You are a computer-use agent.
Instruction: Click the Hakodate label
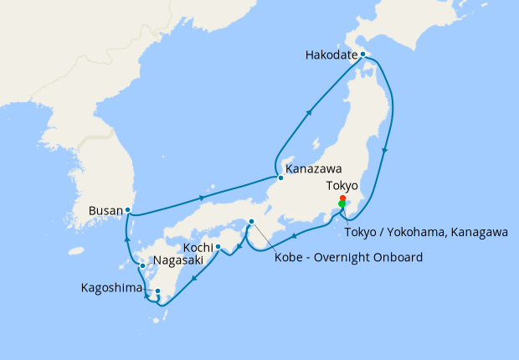333,57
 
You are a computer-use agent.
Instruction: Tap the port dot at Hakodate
362,54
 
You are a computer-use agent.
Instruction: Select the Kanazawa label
316,167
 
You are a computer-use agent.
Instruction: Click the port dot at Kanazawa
280,177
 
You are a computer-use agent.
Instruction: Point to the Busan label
105,212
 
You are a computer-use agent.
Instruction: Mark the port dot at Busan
127,209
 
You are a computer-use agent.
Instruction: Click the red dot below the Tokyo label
342,198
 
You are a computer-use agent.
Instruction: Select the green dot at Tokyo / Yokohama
342,204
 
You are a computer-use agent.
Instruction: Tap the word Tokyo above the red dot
342,185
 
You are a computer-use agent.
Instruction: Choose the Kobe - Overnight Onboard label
348,256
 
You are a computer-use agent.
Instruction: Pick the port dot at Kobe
251,221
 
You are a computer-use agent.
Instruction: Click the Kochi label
198,249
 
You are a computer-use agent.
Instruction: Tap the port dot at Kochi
218,246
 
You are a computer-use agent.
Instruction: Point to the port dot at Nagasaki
142,266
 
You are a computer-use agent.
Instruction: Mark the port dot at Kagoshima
157,291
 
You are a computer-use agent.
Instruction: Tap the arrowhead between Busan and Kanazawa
203,198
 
